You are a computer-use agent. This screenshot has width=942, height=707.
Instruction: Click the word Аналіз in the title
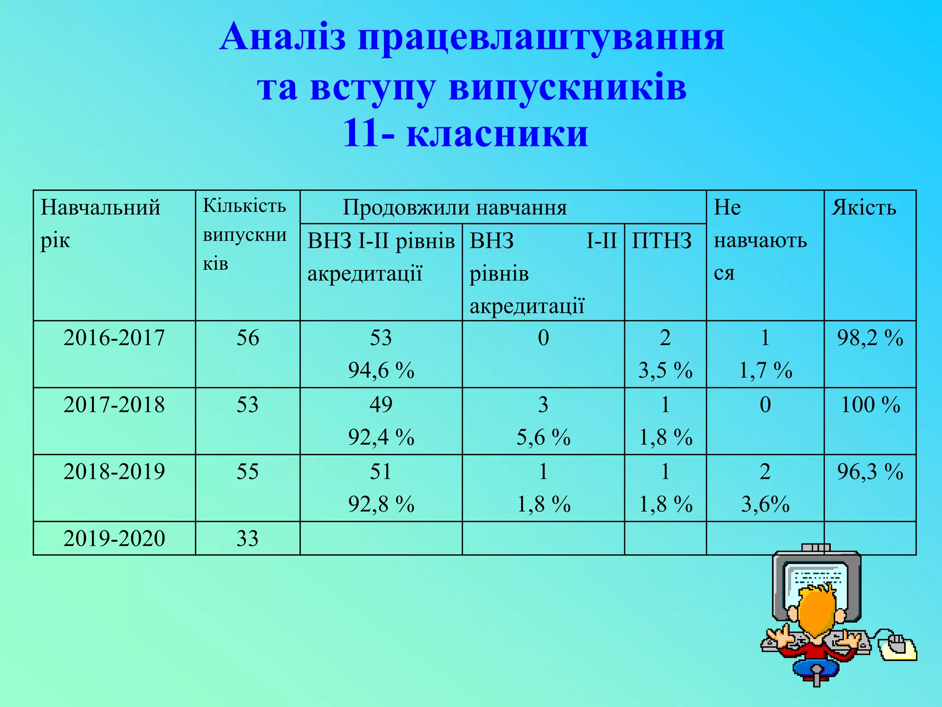[x=282, y=37]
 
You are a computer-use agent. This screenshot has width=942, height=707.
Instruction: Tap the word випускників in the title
[x=568, y=87]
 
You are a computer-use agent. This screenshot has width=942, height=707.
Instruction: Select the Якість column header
[x=864, y=208]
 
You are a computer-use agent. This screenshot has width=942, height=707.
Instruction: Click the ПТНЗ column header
[x=661, y=241]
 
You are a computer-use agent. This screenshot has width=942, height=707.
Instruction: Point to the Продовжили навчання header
[x=454, y=208]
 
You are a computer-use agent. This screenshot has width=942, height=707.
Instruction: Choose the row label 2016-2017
[x=114, y=338]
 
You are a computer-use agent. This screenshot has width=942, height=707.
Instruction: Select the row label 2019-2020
[x=114, y=539]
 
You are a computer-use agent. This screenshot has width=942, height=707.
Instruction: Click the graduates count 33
[x=247, y=539]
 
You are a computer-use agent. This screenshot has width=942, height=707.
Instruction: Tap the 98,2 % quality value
[x=870, y=338]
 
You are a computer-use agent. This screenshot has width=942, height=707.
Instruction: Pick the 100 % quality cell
[x=870, y=405]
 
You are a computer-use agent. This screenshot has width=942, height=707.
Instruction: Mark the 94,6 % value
[x=381, y=371]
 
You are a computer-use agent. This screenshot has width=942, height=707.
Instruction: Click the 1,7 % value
[x=765, y=371]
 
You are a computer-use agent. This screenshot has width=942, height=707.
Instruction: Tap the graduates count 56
[x=247, y=338]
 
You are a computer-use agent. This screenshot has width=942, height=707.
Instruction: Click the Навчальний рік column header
[x=100, y=224]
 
